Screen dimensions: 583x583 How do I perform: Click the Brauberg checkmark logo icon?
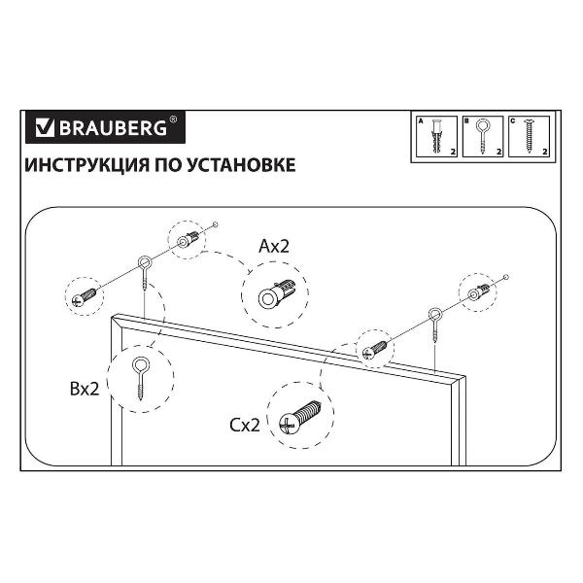pyautogui.click(x=45, y=128)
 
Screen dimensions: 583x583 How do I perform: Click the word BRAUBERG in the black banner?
pyautogui.click(x=114, y=128)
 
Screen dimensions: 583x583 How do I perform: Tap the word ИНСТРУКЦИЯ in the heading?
pyautogui.click(x=86, y=165)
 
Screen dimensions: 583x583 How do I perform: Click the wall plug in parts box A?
pyautogui.click(x=436, y=136)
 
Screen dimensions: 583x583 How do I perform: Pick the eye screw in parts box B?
pyautogui.click(x=482, y=136)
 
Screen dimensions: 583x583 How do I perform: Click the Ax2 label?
pyautogui.click(x=274, y=246)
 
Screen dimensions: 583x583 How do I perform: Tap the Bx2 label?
pyautogui.click(x=85, y=389)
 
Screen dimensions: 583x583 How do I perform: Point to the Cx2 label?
pyautogui.click(x=244, y=426)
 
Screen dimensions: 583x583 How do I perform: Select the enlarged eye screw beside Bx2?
pyautogui.click(x=141, y=379)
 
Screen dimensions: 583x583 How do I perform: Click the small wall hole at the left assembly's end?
pyautogui.click(x=216, y=224)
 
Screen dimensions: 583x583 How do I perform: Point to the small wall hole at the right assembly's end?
pyautogui.click(x=505, y=277)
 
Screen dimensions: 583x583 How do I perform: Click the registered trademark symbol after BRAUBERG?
pyautogui.click(x=173, y=120)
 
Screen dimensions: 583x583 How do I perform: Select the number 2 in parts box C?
pyautogui.click(x=545, y=152)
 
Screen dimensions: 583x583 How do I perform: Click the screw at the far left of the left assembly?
pyautogui.click(x=86, y=296)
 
